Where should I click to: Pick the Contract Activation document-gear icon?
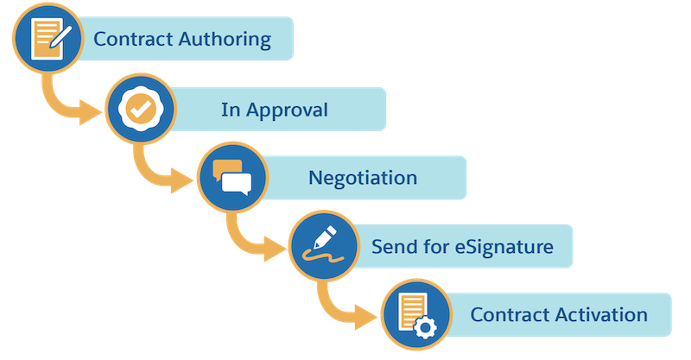point(412,313)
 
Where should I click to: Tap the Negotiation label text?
point(363,178)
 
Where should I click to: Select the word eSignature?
point(504,246)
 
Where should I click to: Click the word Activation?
point(605,314)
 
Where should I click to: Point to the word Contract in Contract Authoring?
point(130,40)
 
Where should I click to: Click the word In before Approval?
point(231,110)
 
